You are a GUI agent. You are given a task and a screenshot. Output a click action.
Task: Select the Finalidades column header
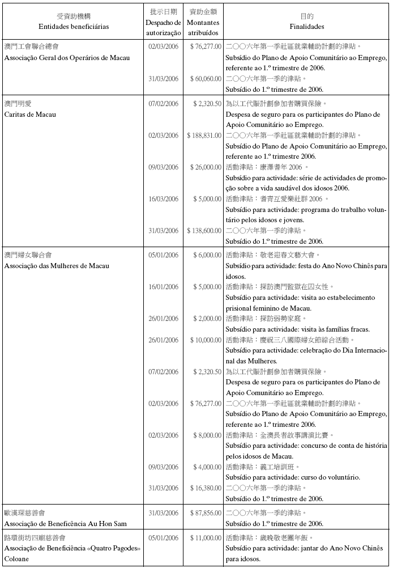tap(306, 26)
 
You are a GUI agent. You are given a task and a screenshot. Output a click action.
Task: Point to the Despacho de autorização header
tap(163, 26)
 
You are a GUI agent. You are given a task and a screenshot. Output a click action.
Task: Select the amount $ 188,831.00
tap(204, 135)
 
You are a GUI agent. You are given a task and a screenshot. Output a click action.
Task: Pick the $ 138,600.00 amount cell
tap(204, 231)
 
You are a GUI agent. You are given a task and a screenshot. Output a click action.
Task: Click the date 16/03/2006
tap(163, 199)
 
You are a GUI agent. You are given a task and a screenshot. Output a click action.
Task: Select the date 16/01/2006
tap(163, 287)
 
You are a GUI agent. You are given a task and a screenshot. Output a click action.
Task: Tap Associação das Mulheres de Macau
tap(57, 266)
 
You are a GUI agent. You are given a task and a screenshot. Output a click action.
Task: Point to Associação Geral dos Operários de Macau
tap(67, 58)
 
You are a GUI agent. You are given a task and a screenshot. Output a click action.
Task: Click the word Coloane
tap(16, 559)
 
